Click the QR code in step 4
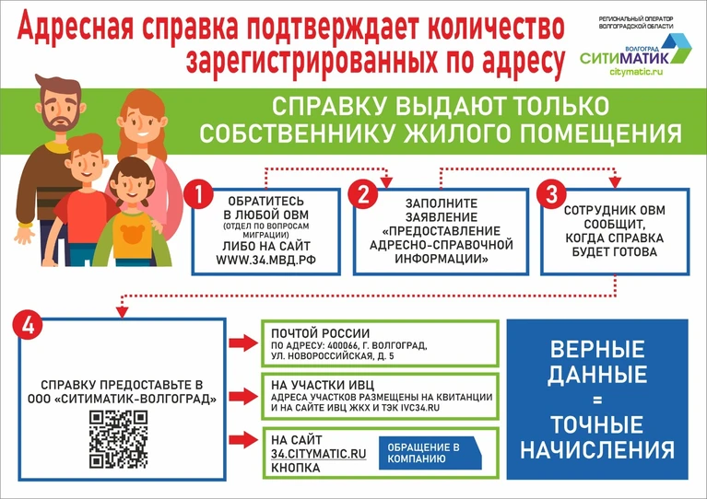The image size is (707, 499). tap(118, 439)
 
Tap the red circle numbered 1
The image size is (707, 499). tap(198, 194)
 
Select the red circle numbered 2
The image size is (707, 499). tap(363, 194)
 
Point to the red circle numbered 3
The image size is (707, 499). tap(551, 194)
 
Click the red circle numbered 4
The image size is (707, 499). tap(28, 325)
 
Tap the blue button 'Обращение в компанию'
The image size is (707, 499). tap(430, 453)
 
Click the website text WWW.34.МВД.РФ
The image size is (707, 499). tap(265, 260)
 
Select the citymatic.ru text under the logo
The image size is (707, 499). tap(636, 72)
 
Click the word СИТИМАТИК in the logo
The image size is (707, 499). tap(625, 58)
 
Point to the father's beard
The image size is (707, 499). tap(61, 119)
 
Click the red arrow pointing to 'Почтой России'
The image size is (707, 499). tap(243, 342)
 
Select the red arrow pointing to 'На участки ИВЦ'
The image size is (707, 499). tap(243, 396)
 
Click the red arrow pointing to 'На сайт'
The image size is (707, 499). tap(243, 439)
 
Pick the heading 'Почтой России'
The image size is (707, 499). tap(320, 333)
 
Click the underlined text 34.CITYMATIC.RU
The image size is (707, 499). tap(318, 454)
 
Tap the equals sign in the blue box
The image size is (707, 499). tap(597, 400)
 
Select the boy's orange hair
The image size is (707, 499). tap(85, 145)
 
